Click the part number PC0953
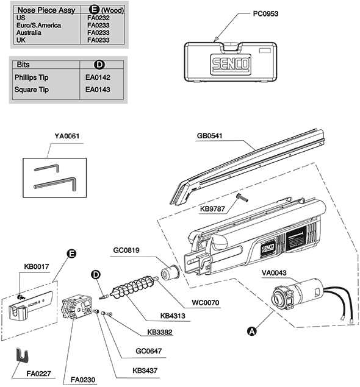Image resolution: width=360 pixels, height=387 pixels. point(265,13)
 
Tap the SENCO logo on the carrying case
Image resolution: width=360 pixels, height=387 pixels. point(231,63)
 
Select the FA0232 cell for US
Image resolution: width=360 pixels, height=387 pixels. point(98,18)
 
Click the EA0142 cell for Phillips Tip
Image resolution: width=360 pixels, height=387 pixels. point(98,77)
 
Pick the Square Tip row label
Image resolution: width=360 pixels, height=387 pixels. point(31,90)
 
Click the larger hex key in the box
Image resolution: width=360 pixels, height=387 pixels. point(56,183)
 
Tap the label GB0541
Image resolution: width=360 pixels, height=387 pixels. point(209,136)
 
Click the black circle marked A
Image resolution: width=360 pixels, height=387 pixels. point(252,331)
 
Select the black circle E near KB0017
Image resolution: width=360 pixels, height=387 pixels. point(71,254)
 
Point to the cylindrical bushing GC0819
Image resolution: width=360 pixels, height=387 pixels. point(170,272)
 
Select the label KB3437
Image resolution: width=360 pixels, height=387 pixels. point(145,371)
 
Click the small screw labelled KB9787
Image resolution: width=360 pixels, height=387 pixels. point(242,197)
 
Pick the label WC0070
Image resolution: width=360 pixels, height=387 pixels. point(206,302)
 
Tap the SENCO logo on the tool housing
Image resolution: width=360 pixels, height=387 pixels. point(268,248)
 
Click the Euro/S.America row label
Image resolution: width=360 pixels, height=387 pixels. point(39,25)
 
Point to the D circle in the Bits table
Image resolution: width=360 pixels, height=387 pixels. point(99,65)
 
